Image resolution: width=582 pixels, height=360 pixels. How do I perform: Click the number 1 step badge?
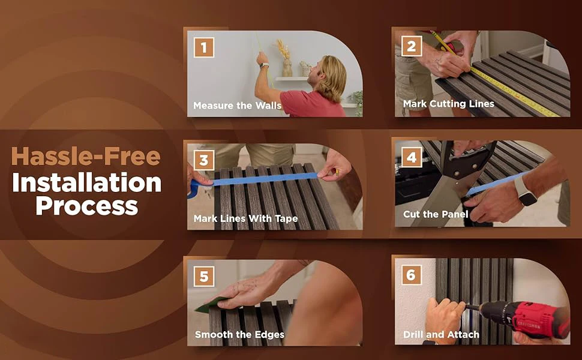tap(204, 47)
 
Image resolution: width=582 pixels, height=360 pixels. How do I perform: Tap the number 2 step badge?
tap(412, 46)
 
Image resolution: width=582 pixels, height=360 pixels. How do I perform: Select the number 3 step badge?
tap(204, 160)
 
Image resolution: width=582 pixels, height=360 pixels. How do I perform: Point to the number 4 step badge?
tap(412, 157)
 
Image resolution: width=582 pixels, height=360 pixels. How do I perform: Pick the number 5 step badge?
tap(204, 277)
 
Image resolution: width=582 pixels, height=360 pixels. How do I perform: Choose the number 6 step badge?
tap(411, 275)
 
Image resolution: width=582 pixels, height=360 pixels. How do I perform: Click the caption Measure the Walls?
tap(237, 106)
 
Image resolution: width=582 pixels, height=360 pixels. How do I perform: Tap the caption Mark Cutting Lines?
tap(449, 104)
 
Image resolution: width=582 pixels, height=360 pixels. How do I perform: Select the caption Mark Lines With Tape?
tap(246, 218)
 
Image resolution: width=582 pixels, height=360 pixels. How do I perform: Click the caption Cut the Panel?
tap(436, 214)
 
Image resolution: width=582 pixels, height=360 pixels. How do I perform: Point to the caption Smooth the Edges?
tap(240, 334)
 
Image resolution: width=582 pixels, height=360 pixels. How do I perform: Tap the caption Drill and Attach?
tap(442, 334)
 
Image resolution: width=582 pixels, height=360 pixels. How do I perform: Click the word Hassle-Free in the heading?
tap(86, 156)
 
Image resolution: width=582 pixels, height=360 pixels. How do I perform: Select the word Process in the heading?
tap(87, 206)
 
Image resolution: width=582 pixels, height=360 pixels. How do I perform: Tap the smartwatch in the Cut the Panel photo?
tap(525, 191)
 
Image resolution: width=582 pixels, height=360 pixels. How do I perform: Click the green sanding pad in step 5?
tap(210, 305)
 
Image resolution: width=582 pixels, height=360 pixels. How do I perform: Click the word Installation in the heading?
tap(87, 182)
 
